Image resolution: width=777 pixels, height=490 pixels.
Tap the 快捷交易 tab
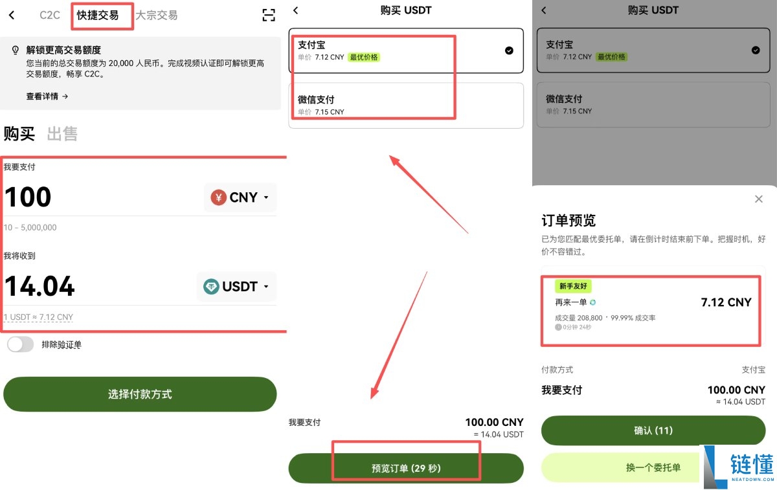coord(98,16)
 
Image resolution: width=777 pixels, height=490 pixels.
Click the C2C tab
coord(50,16)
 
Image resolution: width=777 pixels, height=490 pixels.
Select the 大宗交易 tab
coord(156,16)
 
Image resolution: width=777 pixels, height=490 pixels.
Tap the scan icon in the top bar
coord(269,16)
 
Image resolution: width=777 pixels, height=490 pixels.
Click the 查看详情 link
coord(47,96)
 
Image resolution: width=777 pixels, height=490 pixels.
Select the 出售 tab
coord(62,134)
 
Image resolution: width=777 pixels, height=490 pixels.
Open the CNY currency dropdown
coord(240,197)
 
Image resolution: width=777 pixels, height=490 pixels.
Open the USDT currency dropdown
coord(236,286)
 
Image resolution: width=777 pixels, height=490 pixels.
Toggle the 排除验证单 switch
coord(20,344)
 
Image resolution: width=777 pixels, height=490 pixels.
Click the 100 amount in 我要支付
coord(28,197)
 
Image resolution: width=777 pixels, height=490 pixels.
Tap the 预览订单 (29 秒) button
coord(406,468)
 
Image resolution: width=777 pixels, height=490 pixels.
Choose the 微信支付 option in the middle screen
coord(406,105)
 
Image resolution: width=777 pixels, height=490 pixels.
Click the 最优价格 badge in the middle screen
coord(364,57)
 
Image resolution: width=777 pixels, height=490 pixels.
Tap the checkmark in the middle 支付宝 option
coord(509,50)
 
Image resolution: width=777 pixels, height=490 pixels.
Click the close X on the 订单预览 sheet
coord(759,199)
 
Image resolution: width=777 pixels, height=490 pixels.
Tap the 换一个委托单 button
coord(653,467)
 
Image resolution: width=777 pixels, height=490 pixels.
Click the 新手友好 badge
coord(573,286)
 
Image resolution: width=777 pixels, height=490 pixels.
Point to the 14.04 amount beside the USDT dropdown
coord(40,286)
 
